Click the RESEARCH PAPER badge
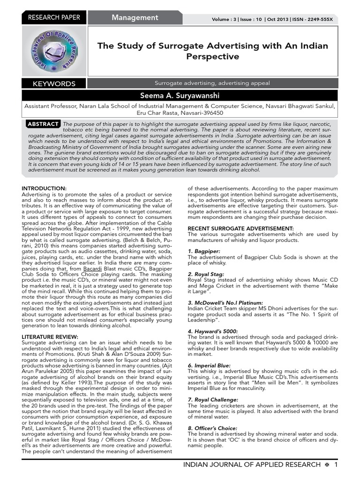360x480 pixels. tap(54, 18)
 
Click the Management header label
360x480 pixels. tap(135, 18)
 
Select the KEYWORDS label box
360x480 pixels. tap(54, 84)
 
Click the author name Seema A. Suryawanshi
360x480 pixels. tap(180, 96)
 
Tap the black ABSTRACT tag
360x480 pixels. tap(43, 124)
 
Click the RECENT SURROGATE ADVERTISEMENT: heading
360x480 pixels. tap(240, 228)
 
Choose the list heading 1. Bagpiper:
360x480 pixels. tap(204, 251)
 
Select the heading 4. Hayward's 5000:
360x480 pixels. tap(212, 331)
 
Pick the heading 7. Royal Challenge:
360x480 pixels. tap(212, 399)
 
